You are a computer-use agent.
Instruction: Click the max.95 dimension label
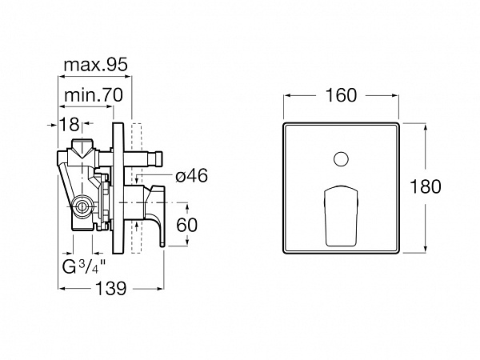coord(95,65)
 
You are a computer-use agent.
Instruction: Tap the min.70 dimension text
coord(94,95)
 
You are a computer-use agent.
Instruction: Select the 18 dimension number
coord(69,124)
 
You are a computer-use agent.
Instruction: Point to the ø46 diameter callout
coord(192,176)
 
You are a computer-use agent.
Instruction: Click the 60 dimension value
coord(186,225)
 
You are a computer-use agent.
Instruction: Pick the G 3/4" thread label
coord(83,266)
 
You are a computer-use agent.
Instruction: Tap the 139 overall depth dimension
coord(111,288)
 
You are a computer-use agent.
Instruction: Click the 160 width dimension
coord(341,95)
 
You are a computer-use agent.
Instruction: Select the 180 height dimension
coord(426,186)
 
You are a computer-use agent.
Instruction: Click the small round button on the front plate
coord(341,159)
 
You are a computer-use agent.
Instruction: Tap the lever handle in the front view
coord(341,215)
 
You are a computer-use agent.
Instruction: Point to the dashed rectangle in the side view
coord(137,188)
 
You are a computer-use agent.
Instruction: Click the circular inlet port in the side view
coord(82,207)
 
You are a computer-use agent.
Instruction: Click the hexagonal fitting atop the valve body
coord(82,147)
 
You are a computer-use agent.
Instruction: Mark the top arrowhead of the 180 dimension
coord(426,127)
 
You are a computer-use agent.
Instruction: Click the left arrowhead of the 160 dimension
coord(288,95)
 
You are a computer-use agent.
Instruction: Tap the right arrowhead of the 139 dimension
coord(160,288)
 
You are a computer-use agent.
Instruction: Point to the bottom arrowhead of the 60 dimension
coord(187,242)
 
